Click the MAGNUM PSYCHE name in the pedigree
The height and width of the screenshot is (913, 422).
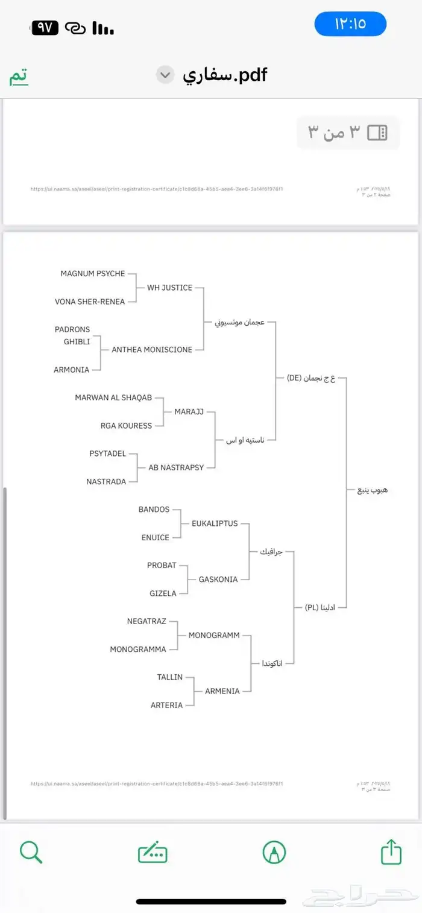pyautogui.click(x=92, y=274)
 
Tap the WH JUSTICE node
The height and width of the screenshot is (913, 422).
pyautogui.click(x=169, y=288)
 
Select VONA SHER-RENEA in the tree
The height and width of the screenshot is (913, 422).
pyautogui.click(x=90, y=302)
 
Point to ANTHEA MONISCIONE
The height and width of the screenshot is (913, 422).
pyautogui.click(x=152, y=350)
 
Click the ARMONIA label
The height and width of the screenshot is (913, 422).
pyautogui.click(x=71, y=370)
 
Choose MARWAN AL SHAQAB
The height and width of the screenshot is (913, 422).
pyautogui.click(x=113, y=398)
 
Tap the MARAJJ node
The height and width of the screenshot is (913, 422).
pyautogui.click(x=189, y=412)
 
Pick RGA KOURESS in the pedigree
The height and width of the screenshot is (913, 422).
pyautogui.click(x=126, y=426)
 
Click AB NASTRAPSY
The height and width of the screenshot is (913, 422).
pyautogui.click(x=176, y=467)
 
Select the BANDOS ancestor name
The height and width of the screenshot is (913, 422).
pyautogui.click(x=154, y=510)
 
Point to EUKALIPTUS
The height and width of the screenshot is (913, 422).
pyautogui.click(x=215, y=523)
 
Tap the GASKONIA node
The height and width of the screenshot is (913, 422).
pyautogui.click(x=218, y=580)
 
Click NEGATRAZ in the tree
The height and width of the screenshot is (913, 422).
pyautogui.click(x=146, y=621)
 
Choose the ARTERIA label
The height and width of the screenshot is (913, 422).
pyautogui.click(x=166, y=706)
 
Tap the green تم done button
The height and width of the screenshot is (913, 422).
pyautogui.click(x=18, y=77)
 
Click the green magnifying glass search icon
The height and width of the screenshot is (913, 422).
pyautogui.click(x=31, y=853)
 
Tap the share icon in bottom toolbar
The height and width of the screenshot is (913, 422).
pyautogui.click(x=391, y=853)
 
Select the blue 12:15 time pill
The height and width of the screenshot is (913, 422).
pyautogui.click(x=350, y=24)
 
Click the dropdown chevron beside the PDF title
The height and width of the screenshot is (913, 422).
pyautogui.click(x=165, y=75)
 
